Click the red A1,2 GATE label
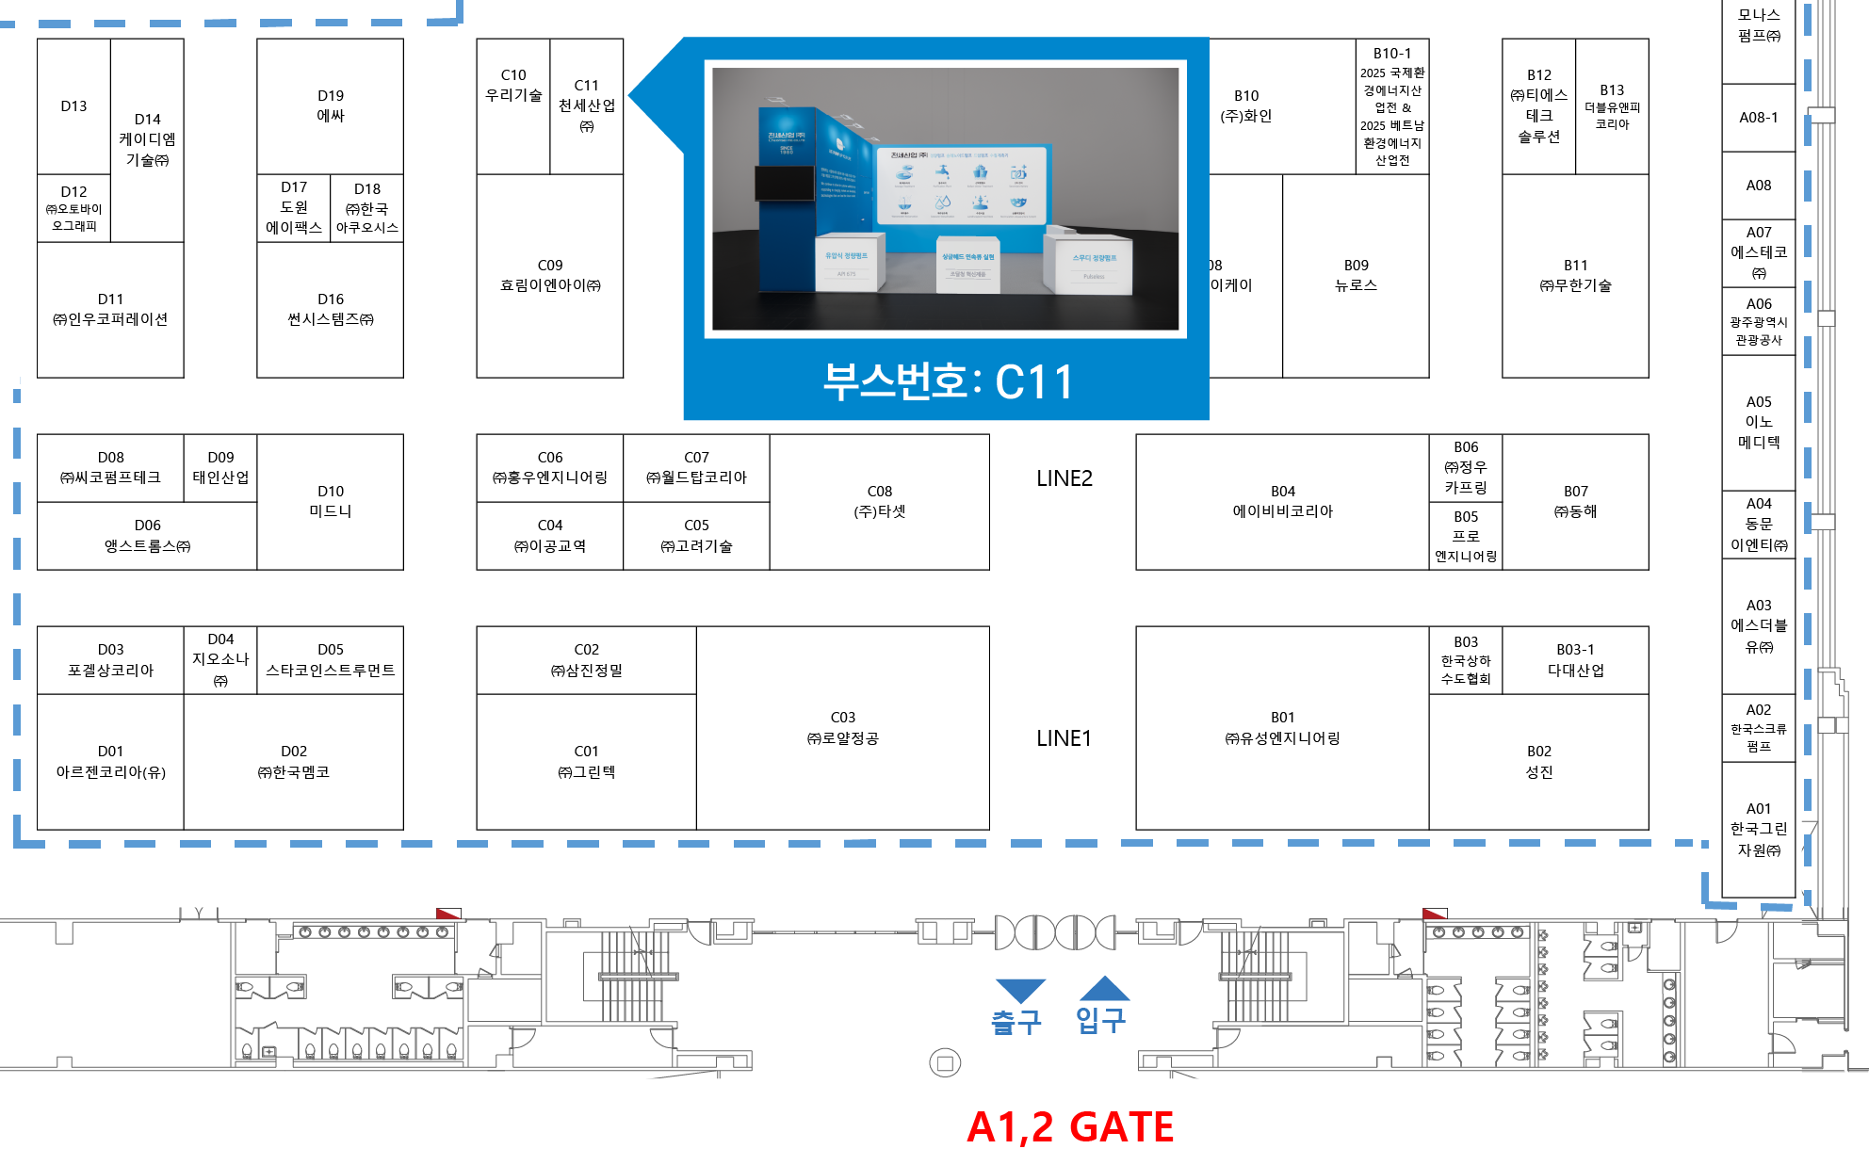(1070, 1127)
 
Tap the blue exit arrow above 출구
(1019, 990)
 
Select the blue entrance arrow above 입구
(1104, 989)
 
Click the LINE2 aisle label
(1065, 478)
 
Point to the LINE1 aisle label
(1064, 738)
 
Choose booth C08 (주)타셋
(879, 502)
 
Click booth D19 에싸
(330, 105)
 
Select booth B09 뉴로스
(1356, 275)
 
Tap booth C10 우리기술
(512, 86)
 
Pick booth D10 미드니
(330, 501)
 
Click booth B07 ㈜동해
(1575, 501)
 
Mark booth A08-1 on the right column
(1758, 118)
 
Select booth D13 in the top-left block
(73, 105)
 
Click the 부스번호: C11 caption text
(947, 382)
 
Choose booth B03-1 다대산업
(1575, 659)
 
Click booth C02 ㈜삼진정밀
(586, 659)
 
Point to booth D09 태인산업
(220, 467)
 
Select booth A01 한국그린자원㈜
(1758, 829)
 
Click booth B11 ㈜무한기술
(1575, 275)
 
